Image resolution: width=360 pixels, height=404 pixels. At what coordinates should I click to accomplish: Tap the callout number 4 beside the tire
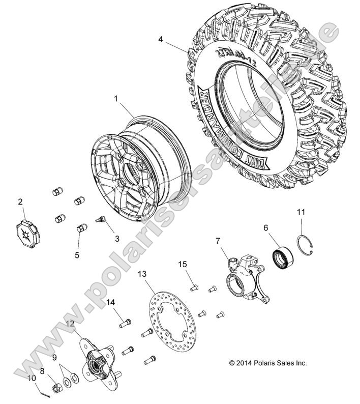[161, 39]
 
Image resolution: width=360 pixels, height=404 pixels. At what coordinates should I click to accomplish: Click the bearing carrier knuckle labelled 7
[243, 278]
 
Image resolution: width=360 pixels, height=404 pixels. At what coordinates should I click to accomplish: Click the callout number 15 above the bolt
[182, 264]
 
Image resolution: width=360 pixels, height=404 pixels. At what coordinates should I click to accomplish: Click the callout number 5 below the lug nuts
[77, 255]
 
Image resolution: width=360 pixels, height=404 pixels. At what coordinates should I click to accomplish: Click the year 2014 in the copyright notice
[245, 363]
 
